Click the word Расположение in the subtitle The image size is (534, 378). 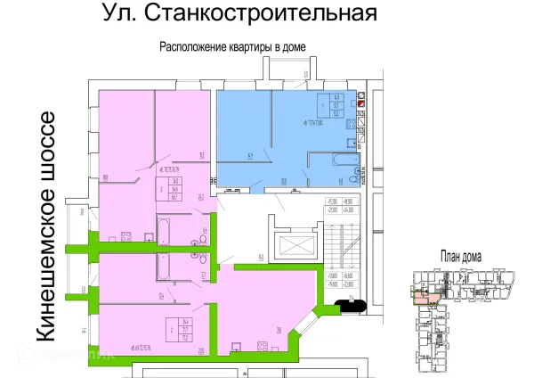click(x=195, y=47)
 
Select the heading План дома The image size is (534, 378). click(x=460, y=257)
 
